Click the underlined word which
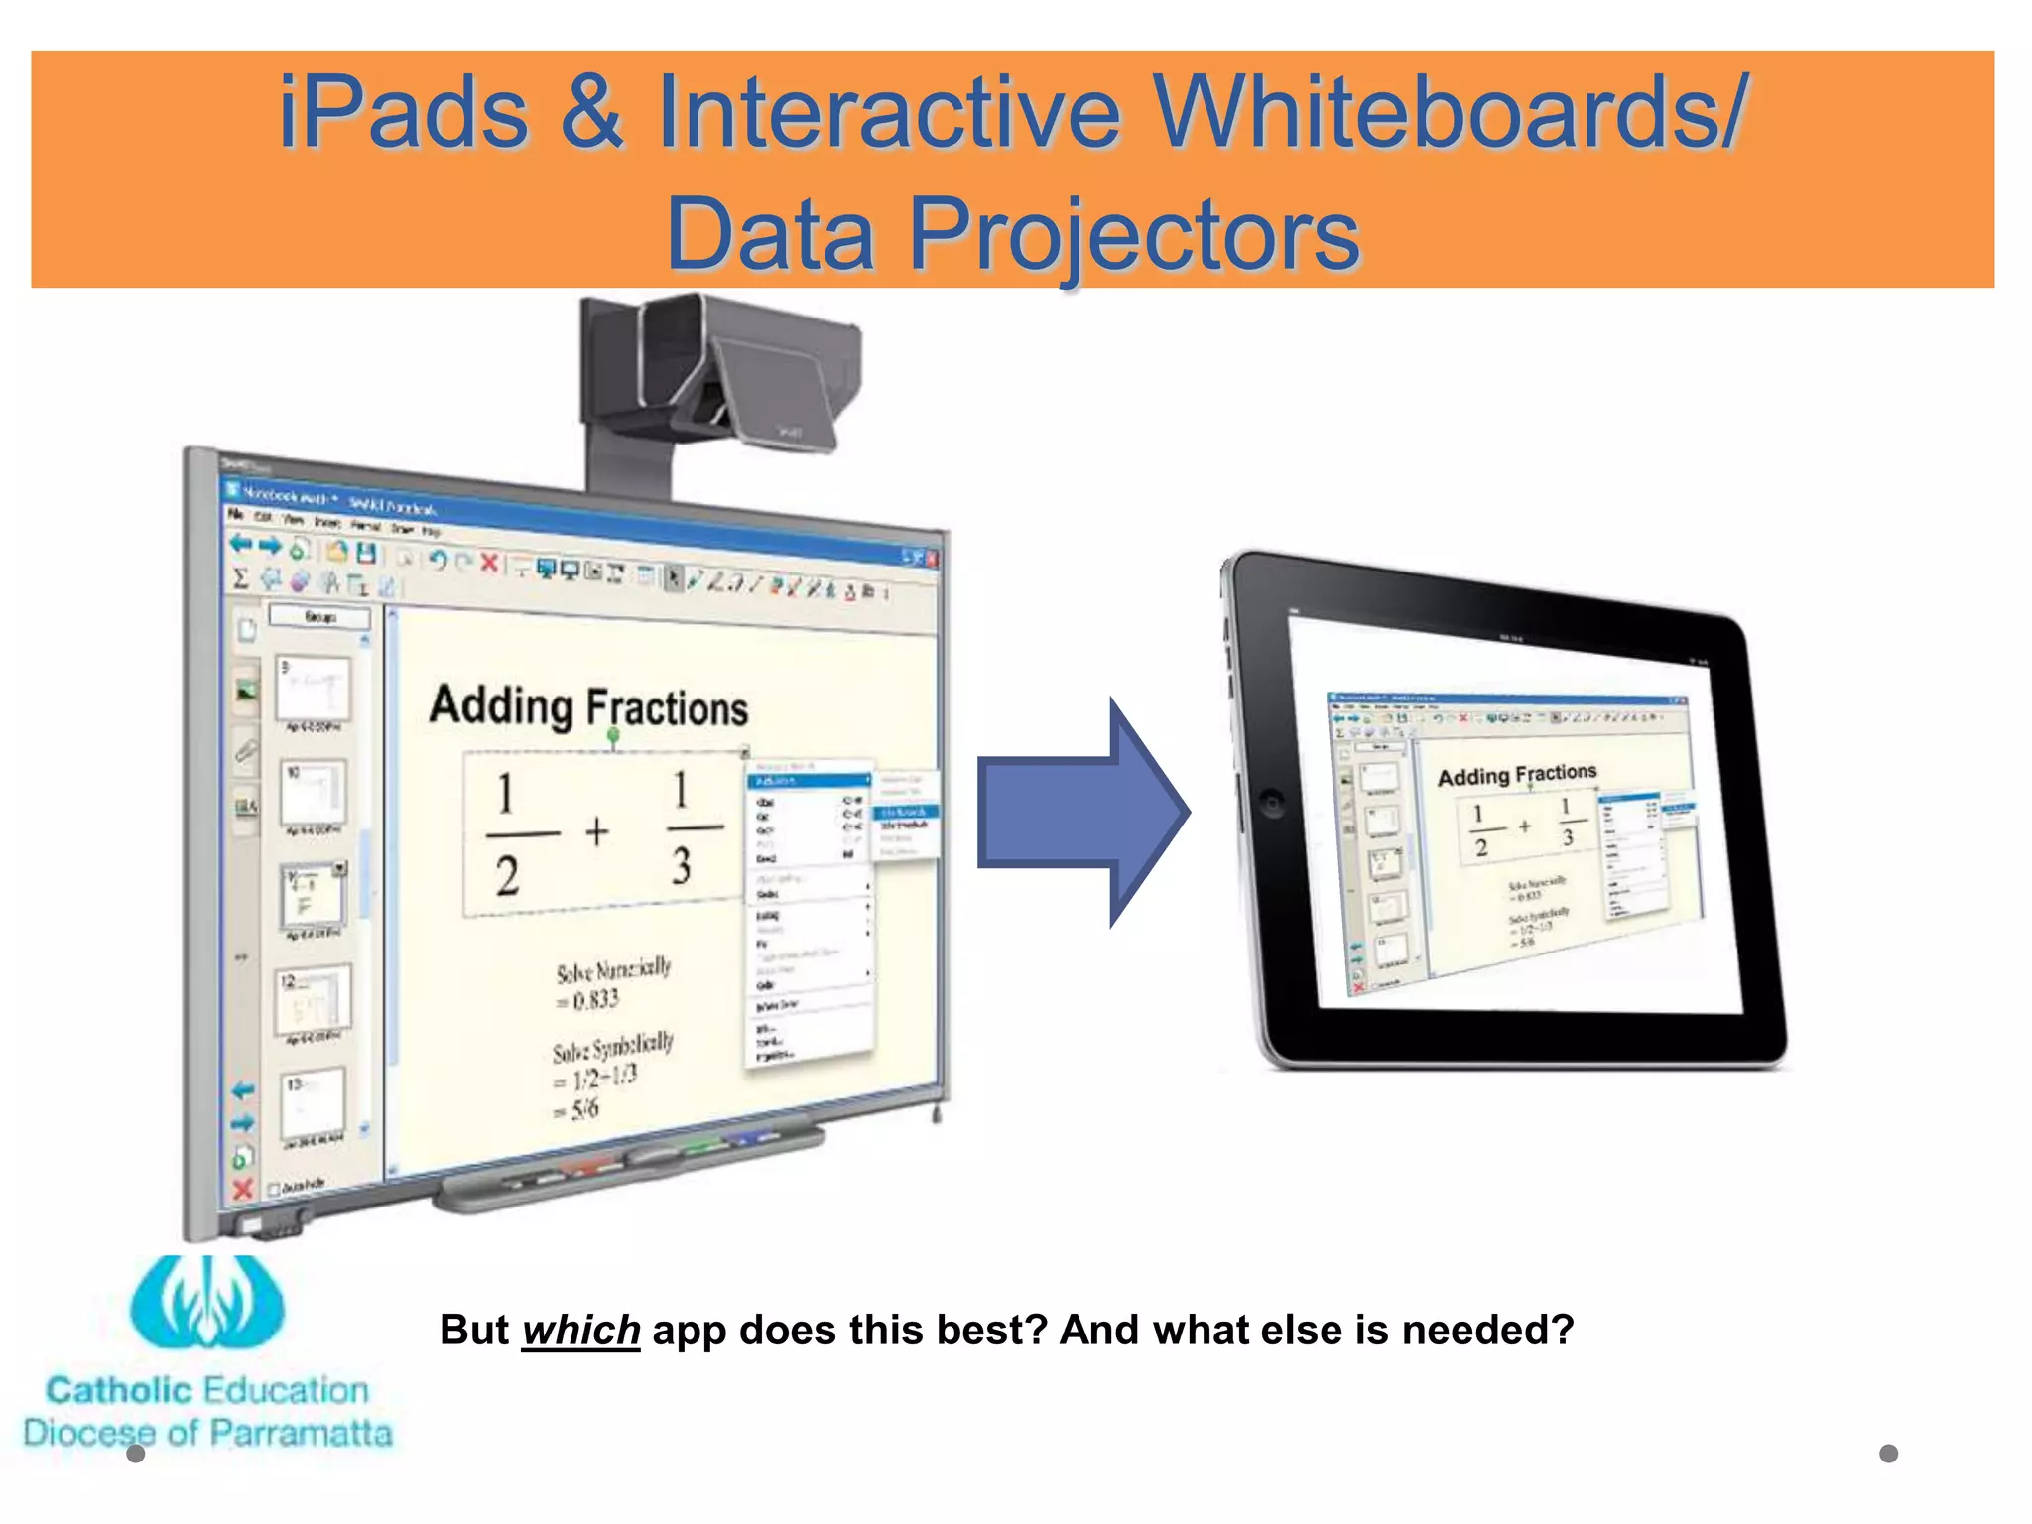580,1331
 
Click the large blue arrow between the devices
1081,812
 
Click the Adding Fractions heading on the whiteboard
588,706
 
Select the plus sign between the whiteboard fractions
596,831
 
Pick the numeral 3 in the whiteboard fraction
681,865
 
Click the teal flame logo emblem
206,1302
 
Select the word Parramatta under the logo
300,1433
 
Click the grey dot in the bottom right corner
1888,1454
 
